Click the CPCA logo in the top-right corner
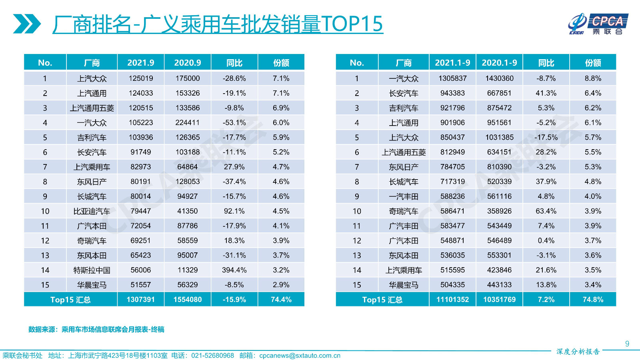(598, 24)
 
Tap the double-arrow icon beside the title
(26, 24)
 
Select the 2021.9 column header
(141, 63)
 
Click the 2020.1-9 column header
(499, 63)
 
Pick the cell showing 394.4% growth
(234, 270)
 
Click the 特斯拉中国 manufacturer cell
(92, 270)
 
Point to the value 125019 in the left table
(141, 78)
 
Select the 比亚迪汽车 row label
(92, 211)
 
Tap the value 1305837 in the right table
(452, 78)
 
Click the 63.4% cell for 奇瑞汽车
(546, 211)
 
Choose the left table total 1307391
(141, 300)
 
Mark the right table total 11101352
(452, 300)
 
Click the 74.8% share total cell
(593, 300)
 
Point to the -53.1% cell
(234, 123)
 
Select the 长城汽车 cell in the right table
(404, 182)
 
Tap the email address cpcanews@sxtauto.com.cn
(300, 356)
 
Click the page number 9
(627, 344)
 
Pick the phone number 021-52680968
(212, 356)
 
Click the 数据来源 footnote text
(96, 330)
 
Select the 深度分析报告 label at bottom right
(578, 352)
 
